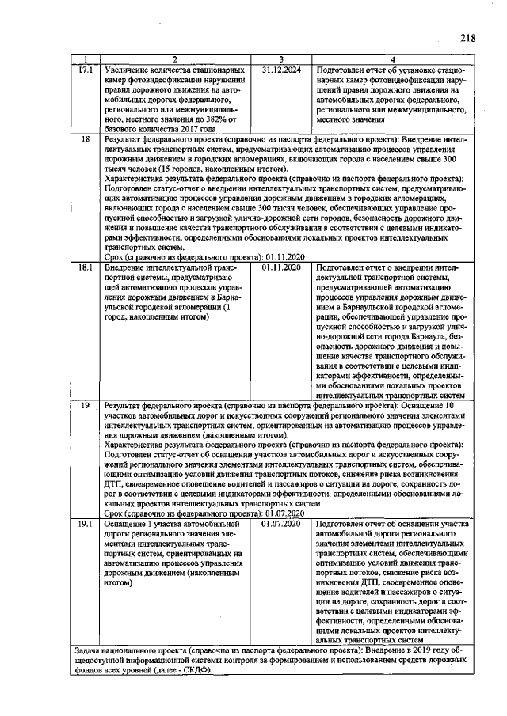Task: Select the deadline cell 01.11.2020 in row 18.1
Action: pos(281,269)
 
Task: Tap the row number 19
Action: pos(86,404)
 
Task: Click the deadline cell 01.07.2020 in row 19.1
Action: pos(281,523)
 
